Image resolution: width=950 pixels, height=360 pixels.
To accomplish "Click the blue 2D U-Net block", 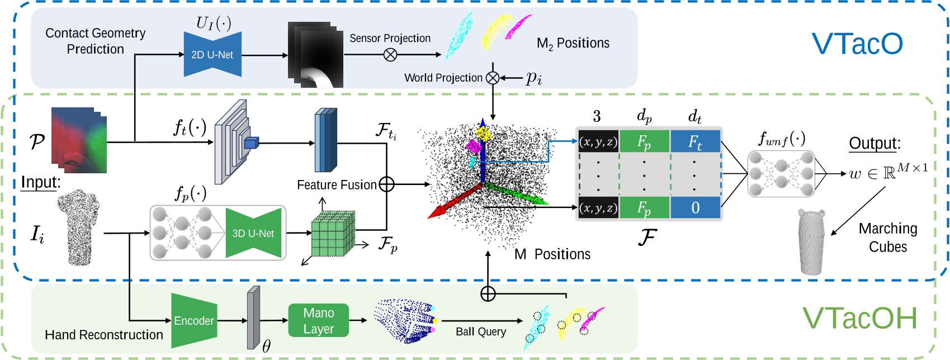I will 212,55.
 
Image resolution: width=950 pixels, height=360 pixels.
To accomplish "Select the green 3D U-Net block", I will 253,233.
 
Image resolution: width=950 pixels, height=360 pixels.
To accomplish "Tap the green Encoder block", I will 194,320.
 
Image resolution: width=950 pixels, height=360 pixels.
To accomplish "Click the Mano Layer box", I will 319,321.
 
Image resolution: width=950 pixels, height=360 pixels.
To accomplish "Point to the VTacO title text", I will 857,44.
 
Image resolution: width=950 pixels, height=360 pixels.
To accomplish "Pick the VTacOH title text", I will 860,318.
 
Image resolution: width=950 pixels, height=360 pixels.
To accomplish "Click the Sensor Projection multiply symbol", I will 390,55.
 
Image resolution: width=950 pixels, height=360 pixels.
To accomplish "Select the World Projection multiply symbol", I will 493,78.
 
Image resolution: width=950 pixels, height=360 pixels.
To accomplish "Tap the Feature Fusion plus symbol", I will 386,184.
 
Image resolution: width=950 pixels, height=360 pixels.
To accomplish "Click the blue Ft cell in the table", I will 695,142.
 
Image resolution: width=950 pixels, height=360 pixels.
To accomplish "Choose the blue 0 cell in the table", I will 695,208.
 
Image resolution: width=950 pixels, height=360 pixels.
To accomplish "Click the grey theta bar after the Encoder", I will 254,318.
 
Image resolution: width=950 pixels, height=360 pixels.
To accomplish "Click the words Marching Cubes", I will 888,238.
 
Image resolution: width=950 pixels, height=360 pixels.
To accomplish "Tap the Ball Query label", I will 481,331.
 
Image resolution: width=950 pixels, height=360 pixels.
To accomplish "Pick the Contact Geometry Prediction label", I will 96,41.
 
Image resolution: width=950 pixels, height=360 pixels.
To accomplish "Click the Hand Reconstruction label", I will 104,335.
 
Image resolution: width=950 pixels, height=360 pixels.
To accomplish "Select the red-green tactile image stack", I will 79,140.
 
